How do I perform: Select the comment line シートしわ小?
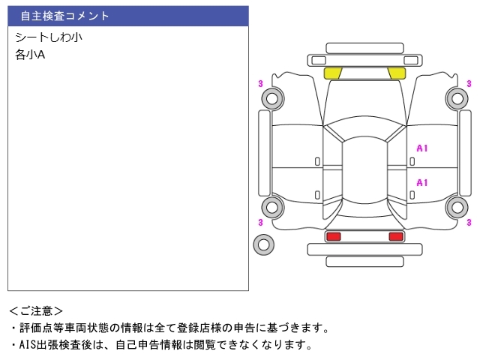pos(49,37)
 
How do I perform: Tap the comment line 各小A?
pos(30,55)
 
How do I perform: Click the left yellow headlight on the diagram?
pos(333,73)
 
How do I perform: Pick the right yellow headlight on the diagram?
pos(397,73)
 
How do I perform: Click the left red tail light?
pos(333,236)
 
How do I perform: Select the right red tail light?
pos(396,236)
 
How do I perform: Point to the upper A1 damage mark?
pos(422,148)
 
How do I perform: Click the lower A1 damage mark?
pos(422,183)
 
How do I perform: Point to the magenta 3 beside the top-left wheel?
pos(260,83)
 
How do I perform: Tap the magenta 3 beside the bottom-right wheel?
pos(469,222)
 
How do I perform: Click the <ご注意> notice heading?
pos(36,311)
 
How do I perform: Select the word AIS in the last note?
pos(28,345)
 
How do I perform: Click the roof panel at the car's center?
pos(364,170)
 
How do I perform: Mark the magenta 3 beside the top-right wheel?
pos(469,83)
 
